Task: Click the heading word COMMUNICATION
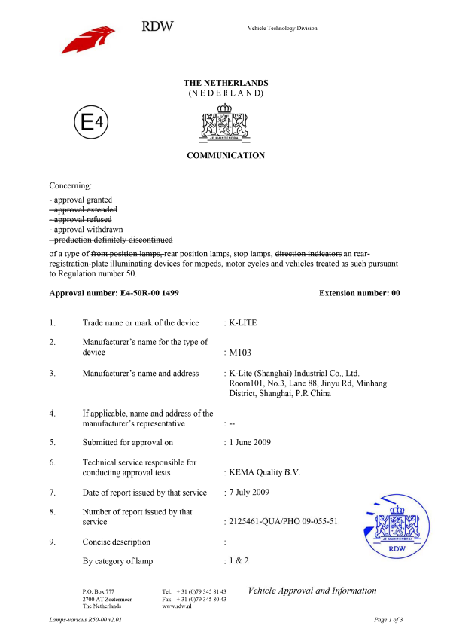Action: pyautogui.click(x=226, y=156)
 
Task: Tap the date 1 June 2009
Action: pyautogui.click(x=249, y=442)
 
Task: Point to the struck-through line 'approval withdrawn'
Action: pyautogui.click(x=84, y=229)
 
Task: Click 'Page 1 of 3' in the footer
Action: pyautogui.click(x=388, y=619)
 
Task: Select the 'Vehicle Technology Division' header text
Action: pyautogui.click(x=282, y=29)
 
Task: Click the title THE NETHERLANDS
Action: pyautogui.click(x=226, y=83)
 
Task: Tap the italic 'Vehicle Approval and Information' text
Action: pyautogui.click(x=312, y=591)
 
